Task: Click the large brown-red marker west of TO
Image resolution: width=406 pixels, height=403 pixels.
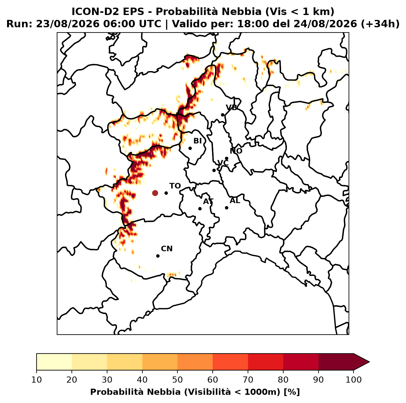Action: coord(155,193)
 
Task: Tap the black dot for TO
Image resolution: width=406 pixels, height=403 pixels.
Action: coord(166,193)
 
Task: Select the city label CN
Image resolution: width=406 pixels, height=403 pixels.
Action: coord(167,249)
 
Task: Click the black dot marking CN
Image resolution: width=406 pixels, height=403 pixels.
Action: coord(158,256)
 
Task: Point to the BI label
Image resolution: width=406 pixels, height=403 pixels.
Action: coord(197,141)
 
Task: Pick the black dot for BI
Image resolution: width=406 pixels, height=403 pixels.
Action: coord(190,148)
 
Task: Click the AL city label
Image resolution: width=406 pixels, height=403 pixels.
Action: coord(235,201)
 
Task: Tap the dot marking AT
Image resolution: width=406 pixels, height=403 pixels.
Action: coord(200,209)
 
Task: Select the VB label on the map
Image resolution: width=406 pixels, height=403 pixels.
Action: coord(231,107)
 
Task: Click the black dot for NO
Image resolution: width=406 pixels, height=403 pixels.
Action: coord(227,159)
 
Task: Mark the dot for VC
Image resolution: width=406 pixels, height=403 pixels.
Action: coord(214,170)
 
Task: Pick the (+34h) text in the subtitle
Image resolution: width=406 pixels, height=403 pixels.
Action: coord(380,24)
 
